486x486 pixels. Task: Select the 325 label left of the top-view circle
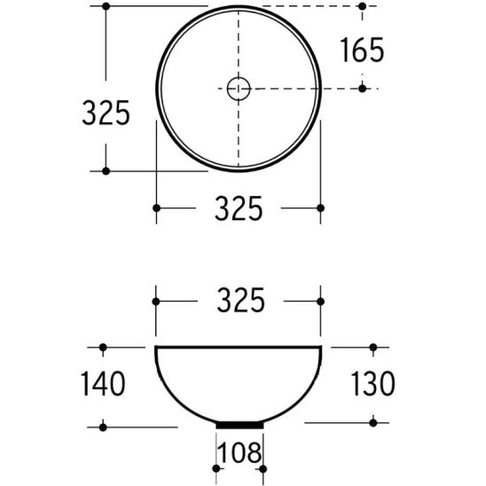pos(106,113)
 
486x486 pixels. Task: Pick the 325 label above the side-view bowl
pos(239,301)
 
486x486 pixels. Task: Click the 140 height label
pos(100,384)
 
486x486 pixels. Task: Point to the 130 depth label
pos(372,384)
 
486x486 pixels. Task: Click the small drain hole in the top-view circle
pos(239,88)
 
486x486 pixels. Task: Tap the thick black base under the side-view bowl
pos(239,426)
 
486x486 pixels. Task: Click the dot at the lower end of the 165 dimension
pos(362,87)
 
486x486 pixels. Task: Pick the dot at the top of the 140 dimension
pos(104,347)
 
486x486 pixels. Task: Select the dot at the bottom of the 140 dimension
pos(104,427)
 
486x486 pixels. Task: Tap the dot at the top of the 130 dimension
pos(373,347)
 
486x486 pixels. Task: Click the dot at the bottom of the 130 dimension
pos(373,421)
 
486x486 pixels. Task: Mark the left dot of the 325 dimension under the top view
pos(157,208)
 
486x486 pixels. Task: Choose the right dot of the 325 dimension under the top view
pos(321,208)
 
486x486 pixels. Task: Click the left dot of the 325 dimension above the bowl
pos(157,301)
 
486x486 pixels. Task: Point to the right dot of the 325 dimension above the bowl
pos(321,301)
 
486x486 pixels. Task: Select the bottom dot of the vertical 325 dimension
pos(106,170)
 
